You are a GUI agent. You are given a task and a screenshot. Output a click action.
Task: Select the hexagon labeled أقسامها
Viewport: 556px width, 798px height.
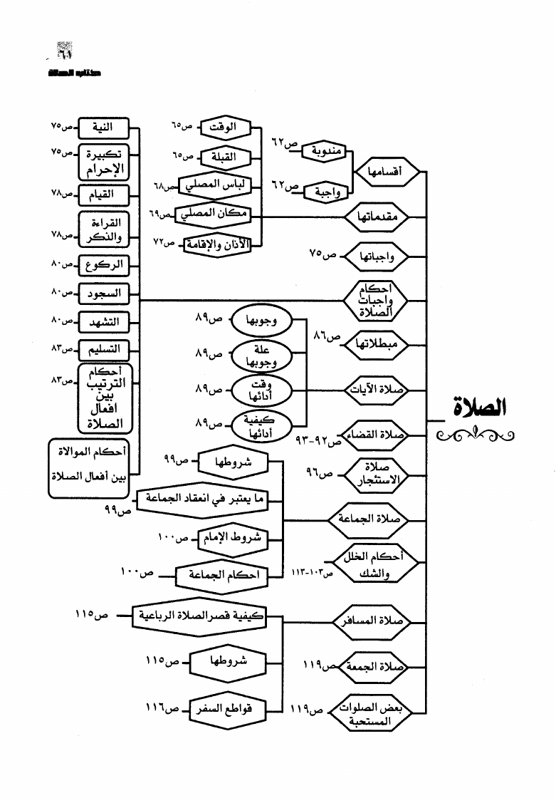point(385,172)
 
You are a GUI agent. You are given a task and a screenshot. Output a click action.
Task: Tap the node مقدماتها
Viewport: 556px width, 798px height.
point(380,215)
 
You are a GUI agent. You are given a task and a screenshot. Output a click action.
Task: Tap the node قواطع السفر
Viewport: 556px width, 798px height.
point(227,709)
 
